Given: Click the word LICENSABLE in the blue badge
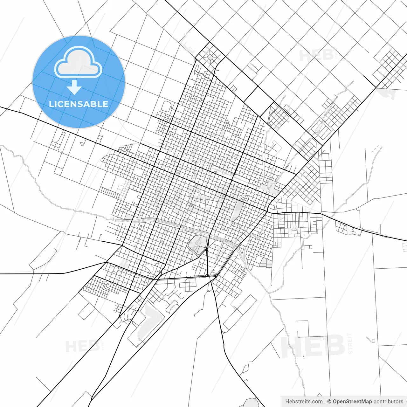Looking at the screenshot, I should point(79,104).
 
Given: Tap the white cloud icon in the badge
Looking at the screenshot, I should point(78,63).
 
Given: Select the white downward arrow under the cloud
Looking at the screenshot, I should point(74,87).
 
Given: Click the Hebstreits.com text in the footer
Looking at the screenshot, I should point(304,402).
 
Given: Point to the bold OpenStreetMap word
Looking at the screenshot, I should point(352,402).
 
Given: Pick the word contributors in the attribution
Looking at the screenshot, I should point(388,402).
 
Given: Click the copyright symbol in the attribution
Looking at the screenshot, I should point(329,402).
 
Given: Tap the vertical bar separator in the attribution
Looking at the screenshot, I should point(325,402).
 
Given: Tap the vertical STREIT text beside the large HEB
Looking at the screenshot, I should point(350,344).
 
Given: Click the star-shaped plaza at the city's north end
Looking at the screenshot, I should point(210,57).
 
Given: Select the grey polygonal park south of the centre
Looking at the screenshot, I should point(197,244).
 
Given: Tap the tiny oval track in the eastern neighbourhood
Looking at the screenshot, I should point(294,229).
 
